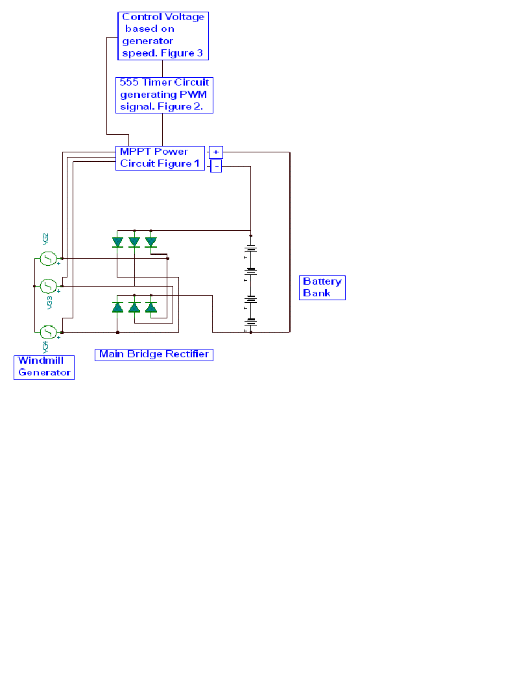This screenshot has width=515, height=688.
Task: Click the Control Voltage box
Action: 163,36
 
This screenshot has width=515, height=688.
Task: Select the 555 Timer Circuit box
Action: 165,95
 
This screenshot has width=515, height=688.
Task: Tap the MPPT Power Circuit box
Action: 160,158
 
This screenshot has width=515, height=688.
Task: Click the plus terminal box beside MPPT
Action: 216,152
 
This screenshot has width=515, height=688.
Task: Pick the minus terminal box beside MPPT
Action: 217,166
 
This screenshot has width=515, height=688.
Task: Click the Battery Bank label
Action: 322,287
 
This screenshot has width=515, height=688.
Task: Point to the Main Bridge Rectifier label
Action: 154,354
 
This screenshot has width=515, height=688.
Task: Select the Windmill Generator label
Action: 44,367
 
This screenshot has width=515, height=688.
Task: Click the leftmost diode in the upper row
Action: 117,242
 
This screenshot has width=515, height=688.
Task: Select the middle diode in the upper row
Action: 134,242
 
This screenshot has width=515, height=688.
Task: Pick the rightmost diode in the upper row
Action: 151,242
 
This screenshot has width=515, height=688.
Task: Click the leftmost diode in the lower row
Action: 117,307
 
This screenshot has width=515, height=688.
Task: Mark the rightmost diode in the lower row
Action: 151,307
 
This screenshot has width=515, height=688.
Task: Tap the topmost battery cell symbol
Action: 251,248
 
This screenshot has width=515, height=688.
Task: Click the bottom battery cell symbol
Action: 251,321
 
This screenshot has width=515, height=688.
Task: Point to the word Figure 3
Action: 186,53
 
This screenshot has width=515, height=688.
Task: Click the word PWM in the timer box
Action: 193,95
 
